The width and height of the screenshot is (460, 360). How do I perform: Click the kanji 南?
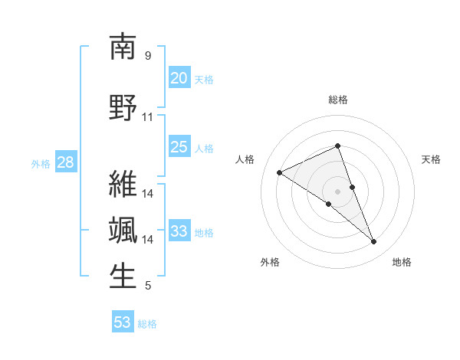point(123,47)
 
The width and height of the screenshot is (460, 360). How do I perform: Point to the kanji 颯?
point(123,231)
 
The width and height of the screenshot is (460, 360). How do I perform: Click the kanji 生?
point(123,277)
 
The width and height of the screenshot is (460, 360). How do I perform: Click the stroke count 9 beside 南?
point(148,56)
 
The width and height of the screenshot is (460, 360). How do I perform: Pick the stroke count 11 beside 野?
point(148,117)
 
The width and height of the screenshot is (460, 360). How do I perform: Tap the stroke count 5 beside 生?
point(148,286)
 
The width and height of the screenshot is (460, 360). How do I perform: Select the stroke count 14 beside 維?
point(148,193)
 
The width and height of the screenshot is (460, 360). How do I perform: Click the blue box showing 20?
point(179,77)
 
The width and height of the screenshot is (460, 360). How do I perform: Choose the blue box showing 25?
point(179,147)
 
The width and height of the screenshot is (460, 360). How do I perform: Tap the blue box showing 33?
point(179,231)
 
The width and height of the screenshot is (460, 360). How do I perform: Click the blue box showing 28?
point(64,162)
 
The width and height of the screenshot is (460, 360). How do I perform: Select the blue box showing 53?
point(123,322)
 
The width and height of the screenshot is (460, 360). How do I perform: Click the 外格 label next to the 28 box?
point(41,163)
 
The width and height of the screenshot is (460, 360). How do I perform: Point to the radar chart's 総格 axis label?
point(338,100)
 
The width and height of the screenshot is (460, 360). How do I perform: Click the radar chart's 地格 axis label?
point(402,262)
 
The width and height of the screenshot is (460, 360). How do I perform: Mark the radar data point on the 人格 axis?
point(279,172)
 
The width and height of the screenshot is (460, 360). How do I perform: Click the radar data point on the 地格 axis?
point(374,242)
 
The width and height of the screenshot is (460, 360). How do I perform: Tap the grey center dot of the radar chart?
point(338,191)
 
